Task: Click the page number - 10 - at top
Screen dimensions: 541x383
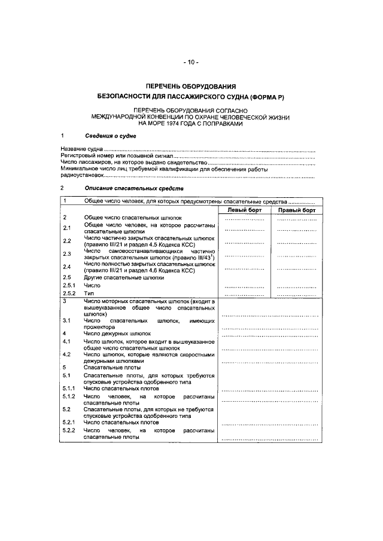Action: click(191, 62)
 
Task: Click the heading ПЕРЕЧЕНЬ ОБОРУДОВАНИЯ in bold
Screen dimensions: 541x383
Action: click(191, 86)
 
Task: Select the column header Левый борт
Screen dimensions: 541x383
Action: click(244, 210)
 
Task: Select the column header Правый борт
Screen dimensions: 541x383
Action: click(297, 210)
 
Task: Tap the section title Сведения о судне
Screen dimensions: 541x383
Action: click(110, 136)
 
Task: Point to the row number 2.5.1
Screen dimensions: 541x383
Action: click(69, 286)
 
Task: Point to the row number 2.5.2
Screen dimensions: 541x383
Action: click(69, 295)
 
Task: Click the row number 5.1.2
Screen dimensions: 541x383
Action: click(69, 397)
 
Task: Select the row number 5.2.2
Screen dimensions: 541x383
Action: click(69, 430)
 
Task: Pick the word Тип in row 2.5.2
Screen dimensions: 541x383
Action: click(89, 295)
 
